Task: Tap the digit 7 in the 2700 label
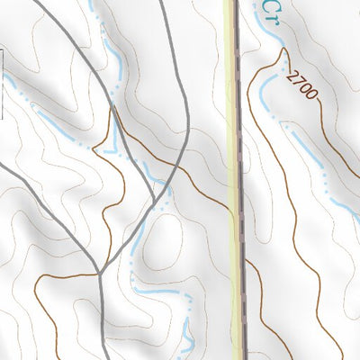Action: pos(299,84)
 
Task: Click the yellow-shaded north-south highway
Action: pos(236,180)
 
